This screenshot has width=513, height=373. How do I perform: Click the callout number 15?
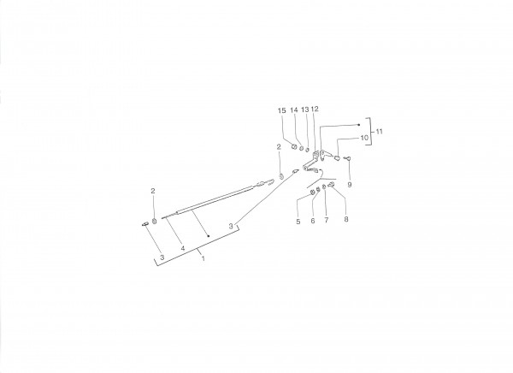281,110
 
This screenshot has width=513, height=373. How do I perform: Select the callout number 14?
294,110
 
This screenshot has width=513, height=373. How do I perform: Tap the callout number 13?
305,110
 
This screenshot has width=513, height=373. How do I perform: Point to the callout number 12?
315,109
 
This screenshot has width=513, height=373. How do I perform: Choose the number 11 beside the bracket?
379,132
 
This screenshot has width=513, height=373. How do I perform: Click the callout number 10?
364,138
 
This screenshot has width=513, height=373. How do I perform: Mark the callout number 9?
350,185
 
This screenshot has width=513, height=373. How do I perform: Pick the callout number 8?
346,219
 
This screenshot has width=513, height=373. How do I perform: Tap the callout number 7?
327,220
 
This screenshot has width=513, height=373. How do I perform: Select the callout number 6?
313,221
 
